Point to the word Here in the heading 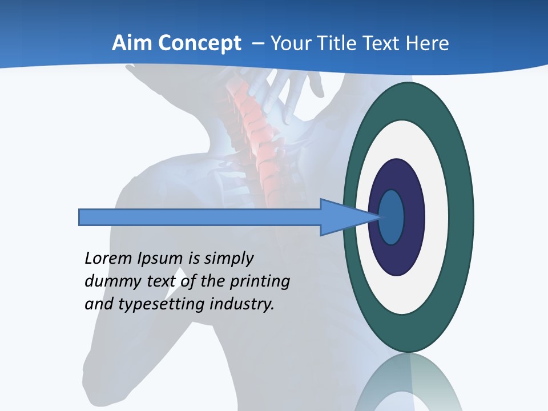coord(427,43)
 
